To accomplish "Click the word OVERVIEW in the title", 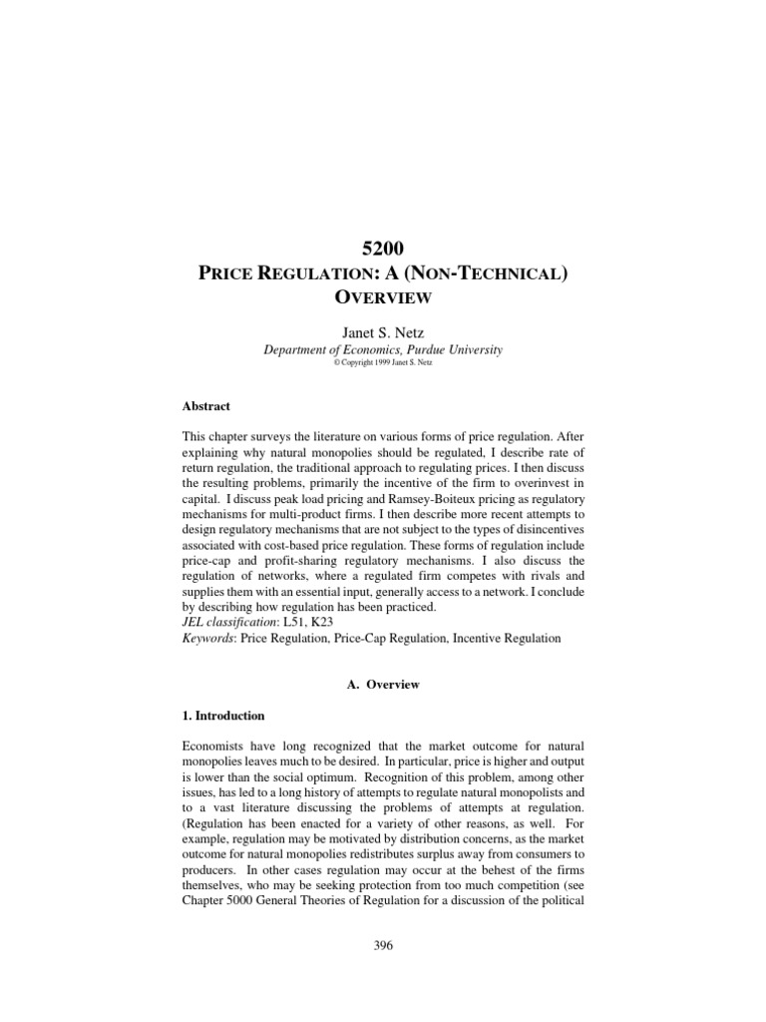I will pyautogui.click(x=383, y=296).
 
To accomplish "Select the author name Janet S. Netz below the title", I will pyautogui.click(x=383, y=331).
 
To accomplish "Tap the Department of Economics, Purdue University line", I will pyautogui.click(x=383, y=349).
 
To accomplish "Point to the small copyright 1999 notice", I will pyautogui.click(x=383, y=362).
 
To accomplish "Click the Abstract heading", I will pyautogui.click(x=205, y=406).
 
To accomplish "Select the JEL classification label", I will pyautogui.click(x=234, y=621).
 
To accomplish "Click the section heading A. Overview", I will pyautogui.click(x=383, y=685).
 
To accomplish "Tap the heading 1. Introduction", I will pyautogui.click(x=230, y=716).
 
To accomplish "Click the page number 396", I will pyautogui.click(x=383, y=946).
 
